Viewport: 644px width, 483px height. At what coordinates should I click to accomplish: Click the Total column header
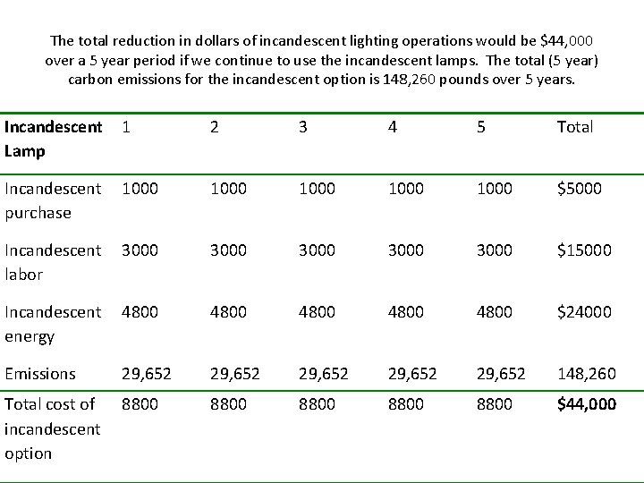pos(574,127)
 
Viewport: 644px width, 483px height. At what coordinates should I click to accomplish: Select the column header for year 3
pos(303,127)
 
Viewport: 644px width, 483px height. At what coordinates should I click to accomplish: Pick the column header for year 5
pos(481,127)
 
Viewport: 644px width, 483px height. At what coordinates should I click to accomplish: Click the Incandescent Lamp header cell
pos(53,139)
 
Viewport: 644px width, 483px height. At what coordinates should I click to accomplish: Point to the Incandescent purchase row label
pos(53,200)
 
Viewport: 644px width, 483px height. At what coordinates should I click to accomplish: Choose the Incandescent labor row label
pos(53,262)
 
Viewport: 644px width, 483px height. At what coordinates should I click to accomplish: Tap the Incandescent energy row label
pos(53,324)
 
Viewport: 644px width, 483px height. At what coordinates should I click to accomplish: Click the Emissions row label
pos(40,374)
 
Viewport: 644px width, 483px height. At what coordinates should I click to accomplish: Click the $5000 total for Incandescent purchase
pos(579,189)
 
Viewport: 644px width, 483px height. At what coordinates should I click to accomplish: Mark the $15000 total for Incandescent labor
pos(583,250)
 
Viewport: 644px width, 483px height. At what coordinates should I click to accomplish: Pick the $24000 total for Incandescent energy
pos(583,312)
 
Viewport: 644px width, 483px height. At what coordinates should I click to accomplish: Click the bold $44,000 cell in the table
pos(586,404)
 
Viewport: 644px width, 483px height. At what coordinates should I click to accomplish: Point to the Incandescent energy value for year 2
pos(228,312)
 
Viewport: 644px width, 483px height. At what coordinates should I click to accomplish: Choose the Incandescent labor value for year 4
pos(406,250)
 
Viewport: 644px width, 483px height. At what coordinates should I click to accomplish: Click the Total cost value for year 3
pos(317,404)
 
